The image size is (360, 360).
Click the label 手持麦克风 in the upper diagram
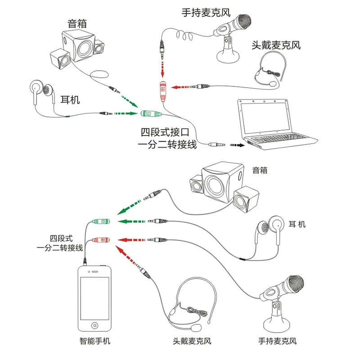206,13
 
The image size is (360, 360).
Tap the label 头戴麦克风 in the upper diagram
276,45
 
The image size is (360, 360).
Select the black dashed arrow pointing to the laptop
237,145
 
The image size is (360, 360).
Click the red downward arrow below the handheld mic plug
162,69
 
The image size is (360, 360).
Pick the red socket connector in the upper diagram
163,91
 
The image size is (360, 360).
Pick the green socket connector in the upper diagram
150,113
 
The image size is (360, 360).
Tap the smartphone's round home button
94,325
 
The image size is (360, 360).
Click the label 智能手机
95,341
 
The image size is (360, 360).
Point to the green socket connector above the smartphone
101,221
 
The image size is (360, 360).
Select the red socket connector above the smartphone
101,240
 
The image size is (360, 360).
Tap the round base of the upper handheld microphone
228,56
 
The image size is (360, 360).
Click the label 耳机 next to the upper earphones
70,100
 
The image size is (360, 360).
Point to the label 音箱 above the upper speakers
77,23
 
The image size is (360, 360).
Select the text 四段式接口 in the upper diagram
165,132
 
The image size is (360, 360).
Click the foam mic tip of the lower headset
196,328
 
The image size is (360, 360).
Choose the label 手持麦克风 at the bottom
277,341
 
